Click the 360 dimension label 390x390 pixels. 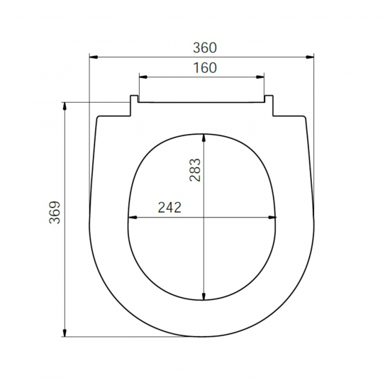click(205, 48)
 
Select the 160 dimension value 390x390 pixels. click(205, 68)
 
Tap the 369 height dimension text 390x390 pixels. click(55, 213)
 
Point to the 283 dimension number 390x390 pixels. click(195, 170)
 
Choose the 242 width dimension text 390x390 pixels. click(169, 208)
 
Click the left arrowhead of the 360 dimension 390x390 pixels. click(94, 57)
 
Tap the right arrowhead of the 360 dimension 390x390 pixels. click(310, 57)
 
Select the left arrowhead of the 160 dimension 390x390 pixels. click(143, 77)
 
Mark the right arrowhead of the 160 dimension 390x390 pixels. click(260, 77)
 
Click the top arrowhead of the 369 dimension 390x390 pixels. click(65, 106)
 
